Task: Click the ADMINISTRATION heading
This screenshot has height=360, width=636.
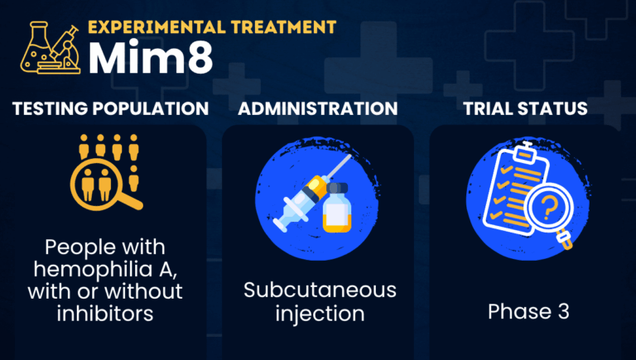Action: coord(317,108)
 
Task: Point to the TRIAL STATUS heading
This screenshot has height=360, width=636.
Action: coord(525,108)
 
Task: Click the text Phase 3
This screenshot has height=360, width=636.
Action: coord(525,312)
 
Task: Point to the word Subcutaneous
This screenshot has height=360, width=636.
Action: coord(320,290)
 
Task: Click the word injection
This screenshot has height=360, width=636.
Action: coord(319,314)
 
